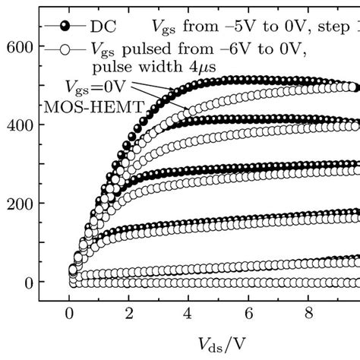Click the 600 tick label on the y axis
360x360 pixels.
[21, 47]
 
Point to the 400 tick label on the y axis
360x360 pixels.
[21, 125]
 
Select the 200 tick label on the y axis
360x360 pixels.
[21, 204]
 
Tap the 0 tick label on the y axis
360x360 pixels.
[29, 282]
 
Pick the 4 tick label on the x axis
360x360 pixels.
[187, 311]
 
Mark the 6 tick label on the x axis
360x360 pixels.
[247, 311]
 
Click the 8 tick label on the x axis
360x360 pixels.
[307, 311]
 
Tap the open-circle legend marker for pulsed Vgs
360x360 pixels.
[67, 51]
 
